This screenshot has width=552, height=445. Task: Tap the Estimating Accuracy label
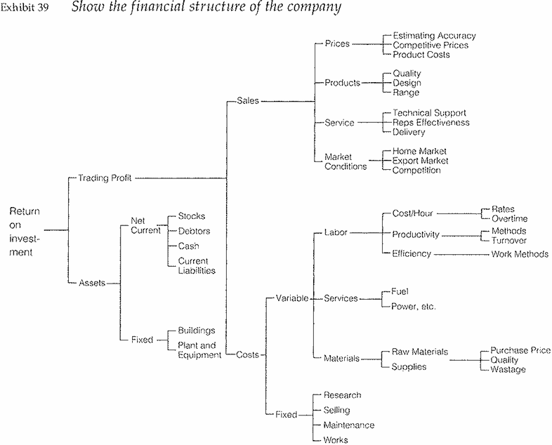click(x=434, y=35)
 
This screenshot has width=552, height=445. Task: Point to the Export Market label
click(x=420, y=161)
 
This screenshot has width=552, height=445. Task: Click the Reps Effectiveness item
click(x=431, y=122)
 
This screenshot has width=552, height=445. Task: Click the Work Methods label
click(x=520, y=254)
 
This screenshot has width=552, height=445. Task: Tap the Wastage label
click(x=508, y=369)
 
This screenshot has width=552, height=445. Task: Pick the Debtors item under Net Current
click(x=194, y=231)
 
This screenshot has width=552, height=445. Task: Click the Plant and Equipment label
click(x=199, y=350)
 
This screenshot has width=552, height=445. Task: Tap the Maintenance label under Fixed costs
click(x=348, y=425)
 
